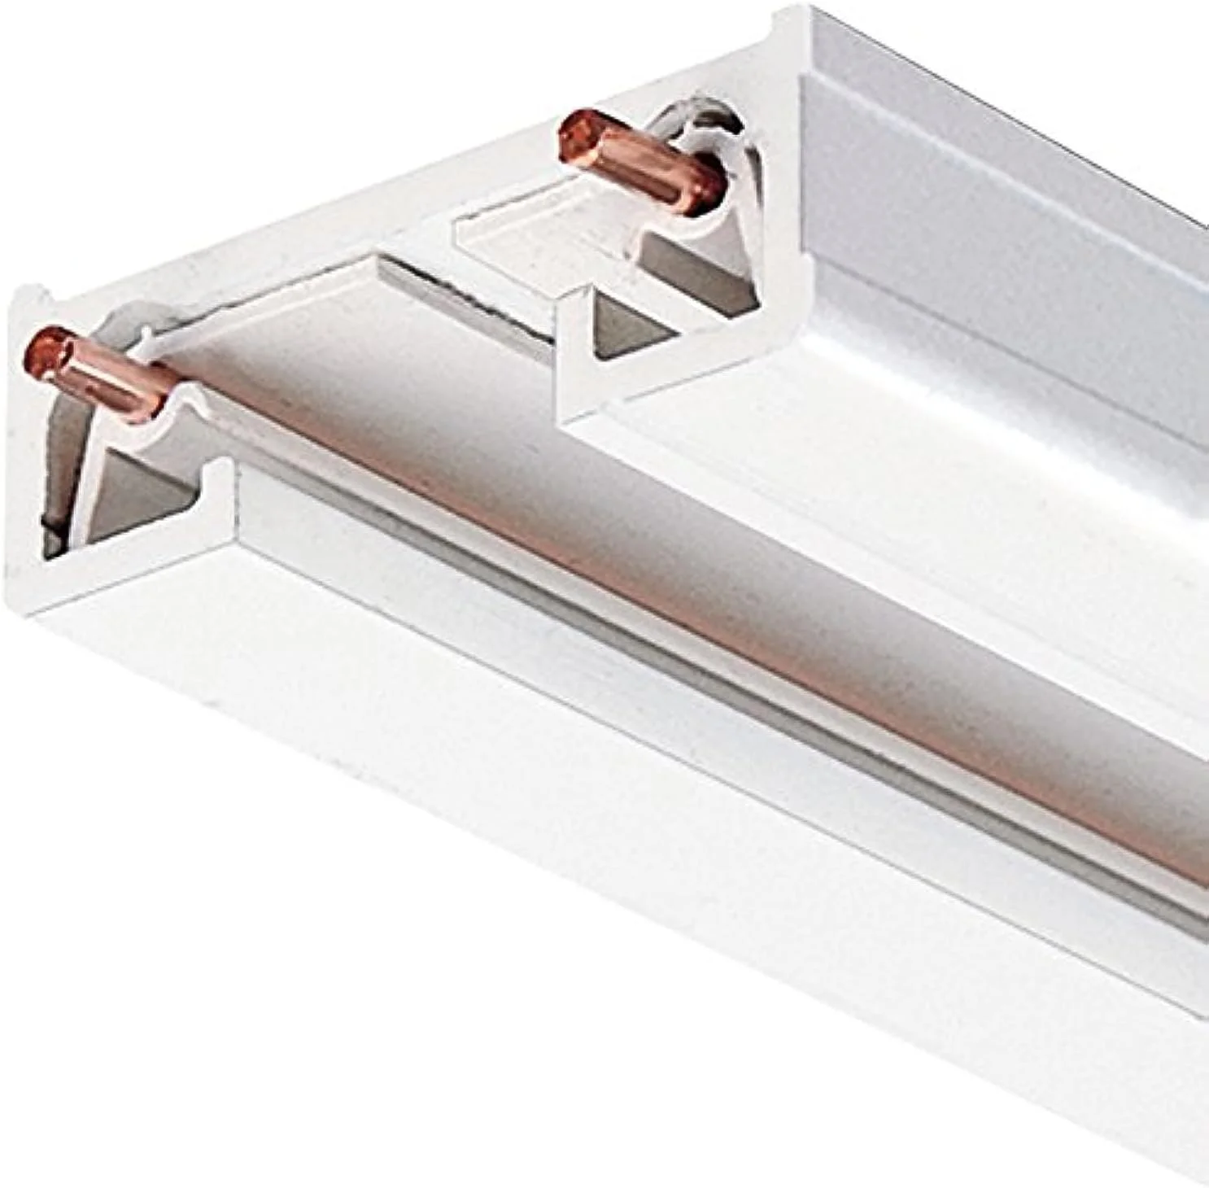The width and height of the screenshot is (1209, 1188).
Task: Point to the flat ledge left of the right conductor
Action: [x=504, y=232]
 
